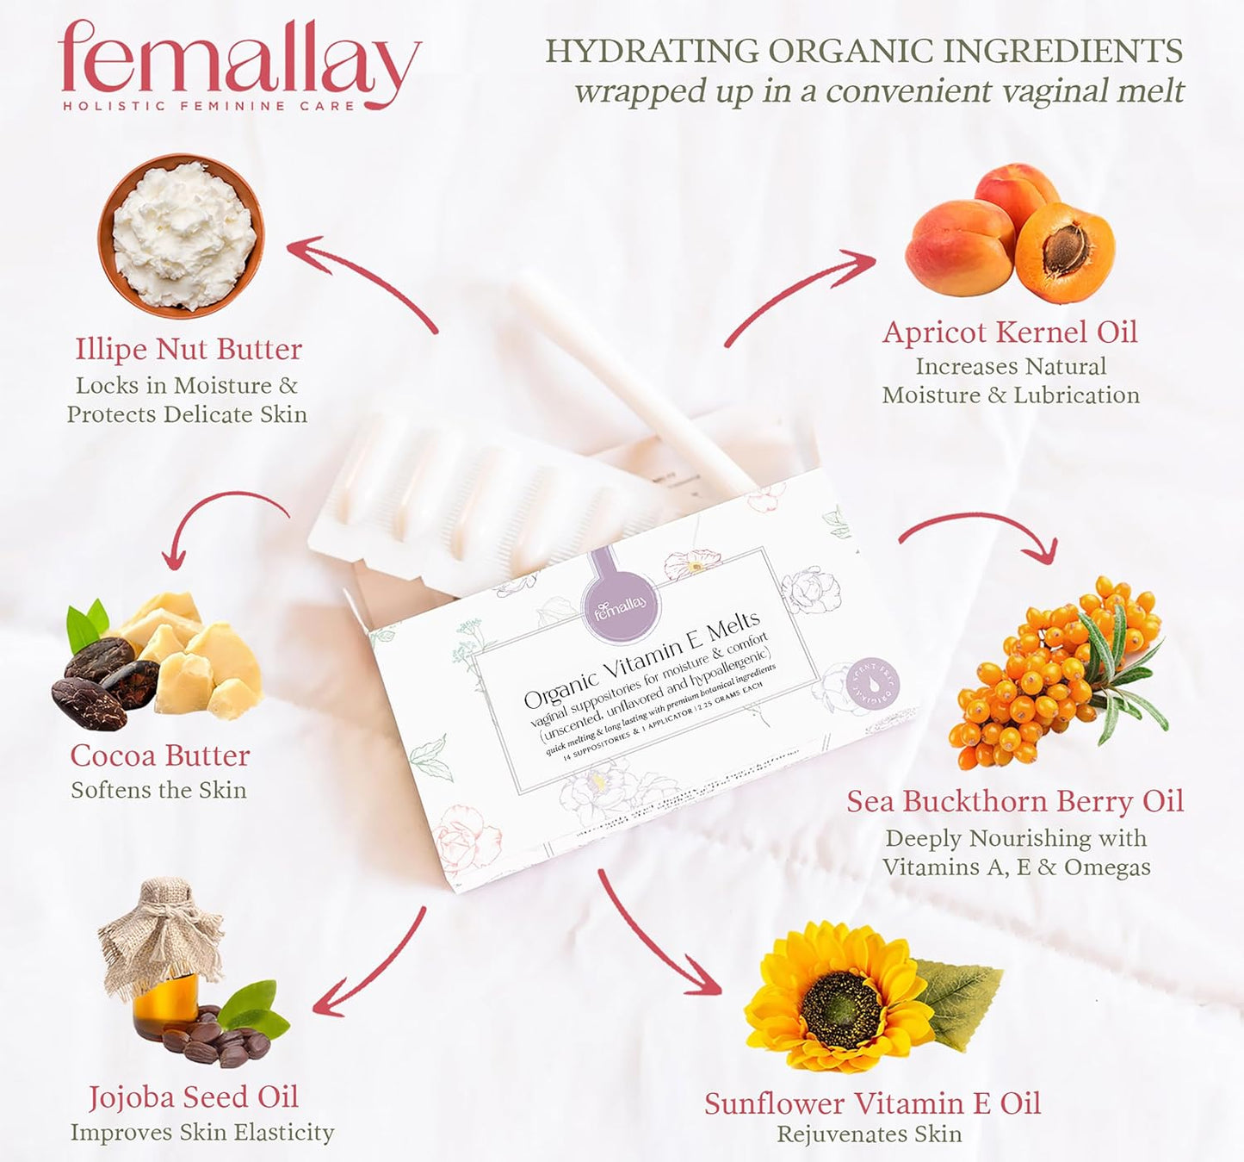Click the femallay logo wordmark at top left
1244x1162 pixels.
[x=238, y=59]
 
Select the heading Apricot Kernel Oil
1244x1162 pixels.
[x=1010, y=332]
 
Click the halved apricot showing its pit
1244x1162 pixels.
[x=1064, y=252]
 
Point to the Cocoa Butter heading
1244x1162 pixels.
[x=160, y=755]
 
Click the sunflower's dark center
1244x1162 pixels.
[x=841, y=1010]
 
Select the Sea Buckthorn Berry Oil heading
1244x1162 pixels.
[x=1015, y=802]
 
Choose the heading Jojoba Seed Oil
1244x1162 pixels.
[x=194, y=1097]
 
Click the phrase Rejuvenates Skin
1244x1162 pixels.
[x=870, y=1134]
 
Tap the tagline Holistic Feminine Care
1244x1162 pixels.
[x=209, y=106]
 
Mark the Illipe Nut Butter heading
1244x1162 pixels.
[x=189, y=350]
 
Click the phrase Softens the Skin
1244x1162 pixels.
[x=158, y=791]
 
